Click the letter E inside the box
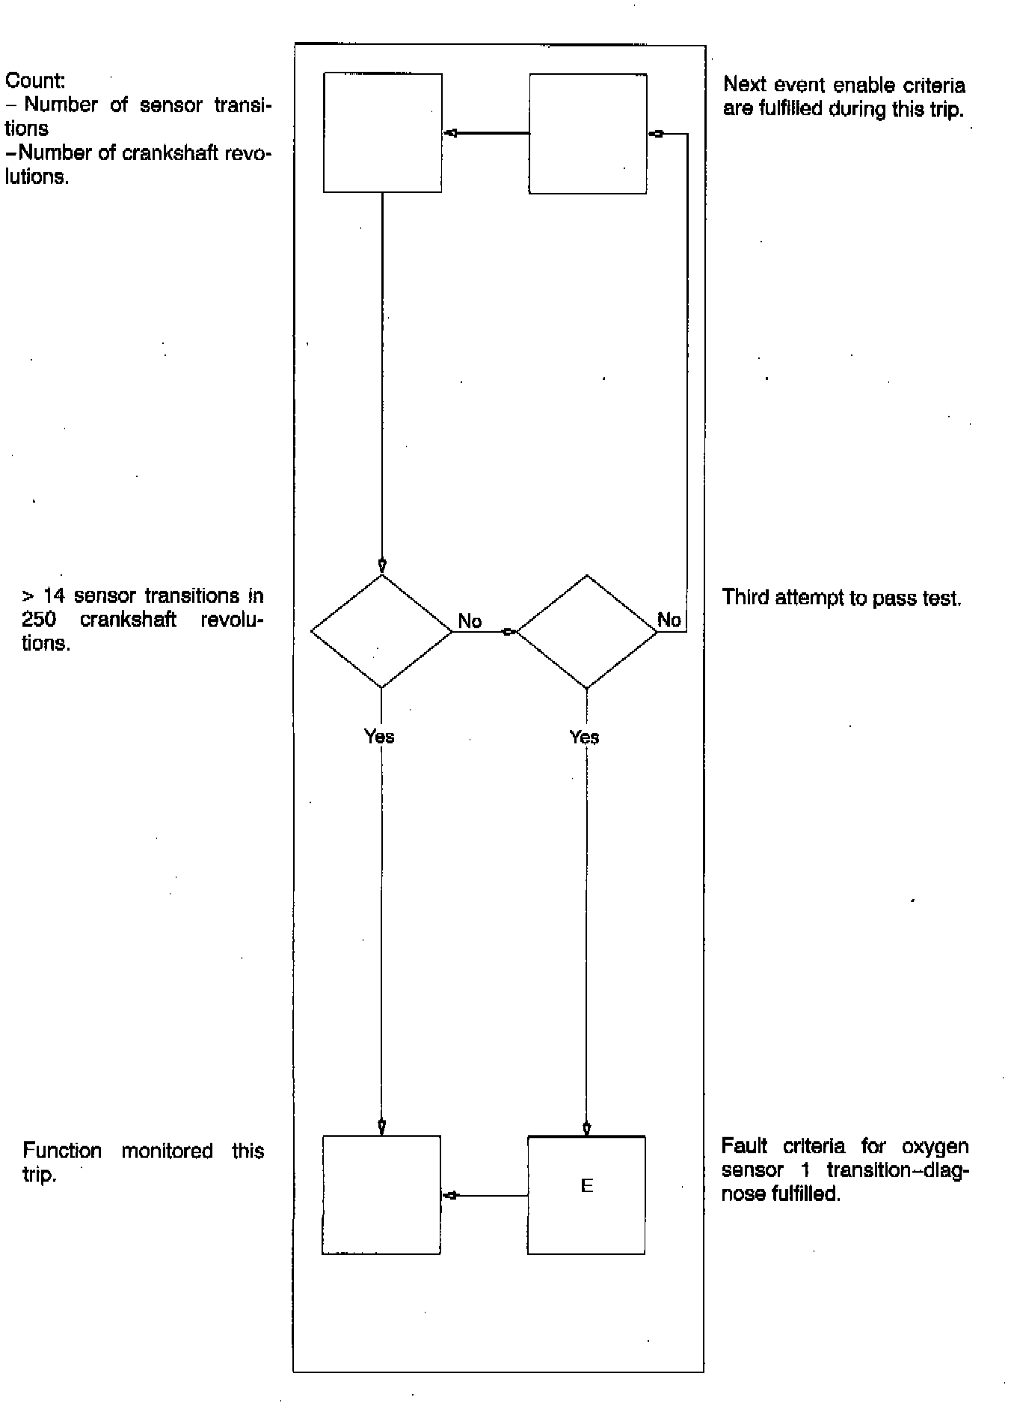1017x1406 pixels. click(x=587, y=1186)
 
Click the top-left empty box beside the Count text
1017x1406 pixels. click(x=382, y=132)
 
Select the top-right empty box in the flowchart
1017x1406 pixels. click(x=588, y=133)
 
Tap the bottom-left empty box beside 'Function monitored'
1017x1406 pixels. click(x=381, y=1194)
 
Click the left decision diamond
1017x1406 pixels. click(x=381, y=631)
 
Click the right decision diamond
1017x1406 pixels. click(x=587, y=631)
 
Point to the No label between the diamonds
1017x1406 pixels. click(x=470, y=621)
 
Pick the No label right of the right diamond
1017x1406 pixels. click(x=669, y=619)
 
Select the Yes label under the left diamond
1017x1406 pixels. click(x=379, y=736)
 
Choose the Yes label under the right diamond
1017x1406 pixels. click(x=584, y=737)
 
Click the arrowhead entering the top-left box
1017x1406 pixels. click(x=450, y=133)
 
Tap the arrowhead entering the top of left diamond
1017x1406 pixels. click(x=382, y=565)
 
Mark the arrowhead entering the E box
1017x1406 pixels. click(x=587, y=1129)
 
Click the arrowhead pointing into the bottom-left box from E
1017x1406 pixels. click(x=450, y=1195)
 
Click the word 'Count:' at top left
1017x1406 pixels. click(x=35, y=80)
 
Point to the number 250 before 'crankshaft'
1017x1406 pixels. click(x=39, y=619)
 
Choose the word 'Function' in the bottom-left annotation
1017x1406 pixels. click(x=62, y=1150)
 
